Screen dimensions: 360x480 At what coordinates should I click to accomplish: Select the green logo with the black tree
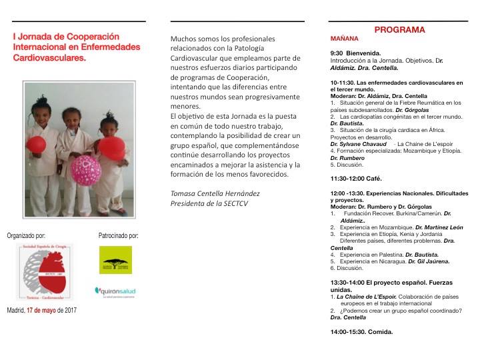point(113,261)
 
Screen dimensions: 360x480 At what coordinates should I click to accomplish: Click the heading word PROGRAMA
point(400,30)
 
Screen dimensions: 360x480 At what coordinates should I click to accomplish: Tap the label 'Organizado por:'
point(27,235)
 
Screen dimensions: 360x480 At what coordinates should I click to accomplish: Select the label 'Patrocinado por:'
point(119,235)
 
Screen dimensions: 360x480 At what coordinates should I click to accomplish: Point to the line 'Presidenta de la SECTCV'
point(205,204)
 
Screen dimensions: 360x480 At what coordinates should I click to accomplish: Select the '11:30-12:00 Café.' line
point(357,179)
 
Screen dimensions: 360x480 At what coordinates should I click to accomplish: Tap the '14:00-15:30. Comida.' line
point(361,331)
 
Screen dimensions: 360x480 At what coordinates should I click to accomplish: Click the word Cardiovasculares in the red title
point(48,59)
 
